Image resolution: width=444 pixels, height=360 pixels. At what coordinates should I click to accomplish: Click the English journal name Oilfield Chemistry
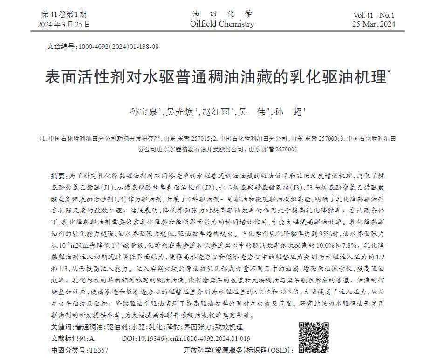(x=222, y=24)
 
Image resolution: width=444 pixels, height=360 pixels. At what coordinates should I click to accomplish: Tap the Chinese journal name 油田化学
(x=222, y=14)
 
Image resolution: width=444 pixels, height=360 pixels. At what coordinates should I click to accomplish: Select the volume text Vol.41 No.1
(x=374, y=15)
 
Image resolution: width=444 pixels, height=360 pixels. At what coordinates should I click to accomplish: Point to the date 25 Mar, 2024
(x=374, y=24)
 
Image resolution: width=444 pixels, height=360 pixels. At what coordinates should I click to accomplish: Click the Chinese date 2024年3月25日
(x=64, y=24)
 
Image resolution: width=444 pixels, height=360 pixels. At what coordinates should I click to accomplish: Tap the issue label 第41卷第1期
(x=64, y=14)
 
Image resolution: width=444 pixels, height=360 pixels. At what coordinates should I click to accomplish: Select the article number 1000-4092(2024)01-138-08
(x=118, y=47)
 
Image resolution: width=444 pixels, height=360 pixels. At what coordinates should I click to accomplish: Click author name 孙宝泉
(x=144, y=112)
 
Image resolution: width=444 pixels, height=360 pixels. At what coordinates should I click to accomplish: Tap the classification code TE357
(x=99, y=350)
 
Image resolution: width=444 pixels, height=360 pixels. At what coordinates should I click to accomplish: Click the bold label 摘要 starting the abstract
(x=58, y=176)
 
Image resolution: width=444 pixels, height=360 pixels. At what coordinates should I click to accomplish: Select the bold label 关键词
(x=62, y=327)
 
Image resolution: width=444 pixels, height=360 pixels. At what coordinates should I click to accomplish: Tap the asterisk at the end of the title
(x=389, y=72)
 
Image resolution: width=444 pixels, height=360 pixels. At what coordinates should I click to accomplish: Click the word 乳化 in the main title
(x=303, y=77)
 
